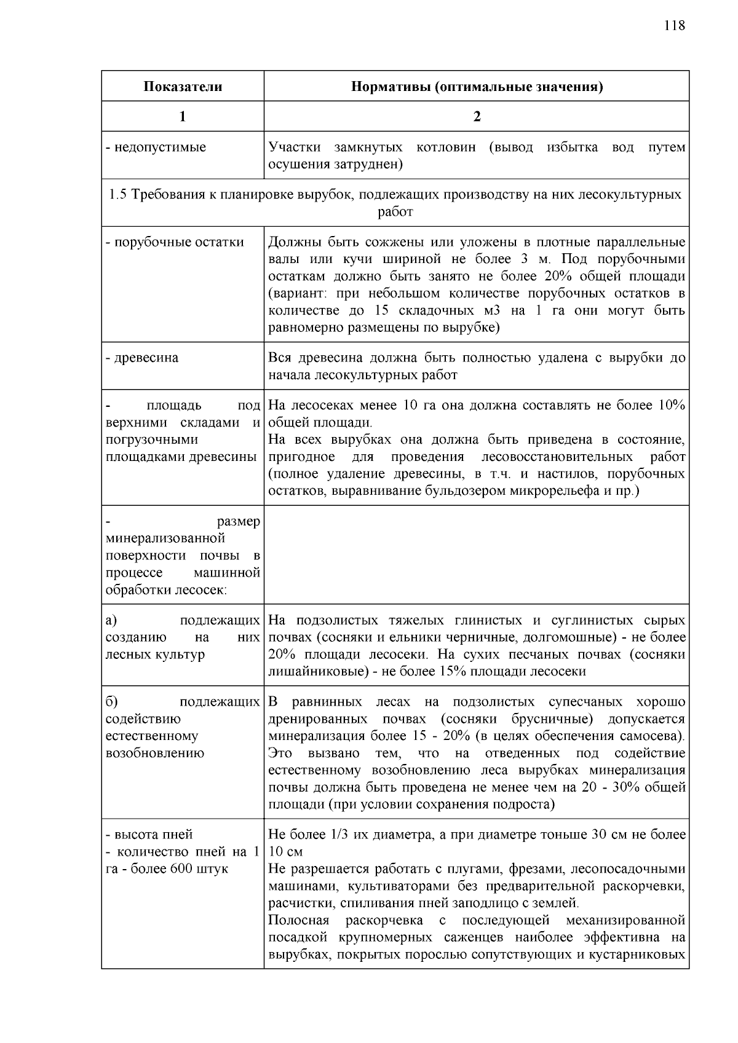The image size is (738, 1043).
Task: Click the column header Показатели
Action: (x=183, y=87)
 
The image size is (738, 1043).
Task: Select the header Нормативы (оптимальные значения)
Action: (x=477, y=87)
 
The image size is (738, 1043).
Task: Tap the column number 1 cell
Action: (x=183, y=117)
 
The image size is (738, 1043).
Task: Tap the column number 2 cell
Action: (x=477, y=117)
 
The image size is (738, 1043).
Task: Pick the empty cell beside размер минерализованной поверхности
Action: (x=477, y=555)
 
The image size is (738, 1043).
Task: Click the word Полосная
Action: (x=298, y=921)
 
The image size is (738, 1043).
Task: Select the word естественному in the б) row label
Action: (x=143, y=736)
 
